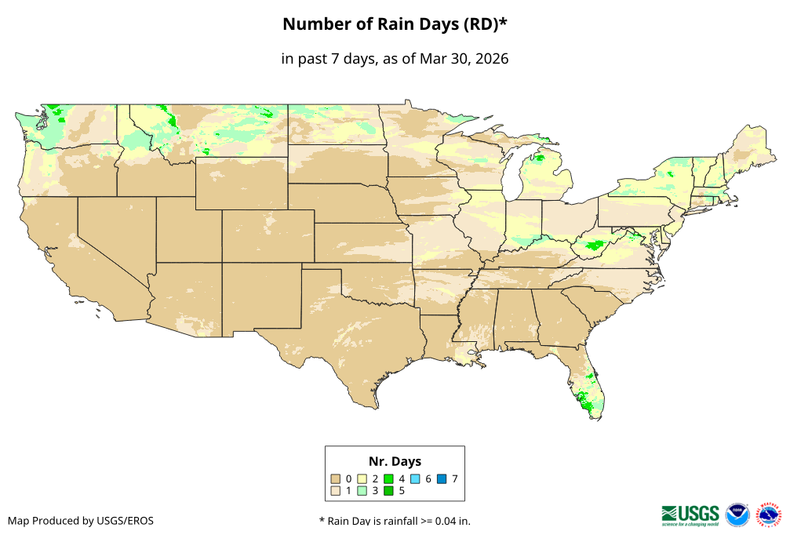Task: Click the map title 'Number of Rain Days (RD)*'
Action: (x=395, y=24)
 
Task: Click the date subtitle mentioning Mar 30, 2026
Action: (x=395, y=59)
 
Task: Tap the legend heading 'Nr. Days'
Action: (x=395, y=461)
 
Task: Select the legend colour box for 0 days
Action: (x=336, y=478)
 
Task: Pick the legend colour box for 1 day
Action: (x=336, y=491)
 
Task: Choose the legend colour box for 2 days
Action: (x=362, y=478)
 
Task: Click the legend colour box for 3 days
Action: (x=362, y=491)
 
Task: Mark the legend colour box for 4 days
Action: (x=389, y=478)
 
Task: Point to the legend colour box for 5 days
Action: (x=389, y=491)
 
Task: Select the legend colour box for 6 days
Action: (x=416, y=478)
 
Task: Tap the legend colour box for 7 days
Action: (x=442, y=478)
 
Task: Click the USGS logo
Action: (x=690, y=515)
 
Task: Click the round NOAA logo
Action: (x=737, y=515)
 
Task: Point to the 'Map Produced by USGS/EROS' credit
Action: (x=81, y=521)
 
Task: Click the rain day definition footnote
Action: (x=395, y=521)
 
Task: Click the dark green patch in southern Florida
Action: (x=585, y=406)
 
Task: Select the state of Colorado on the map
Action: (x=268, y=235)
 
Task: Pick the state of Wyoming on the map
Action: (x=241, y=183)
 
